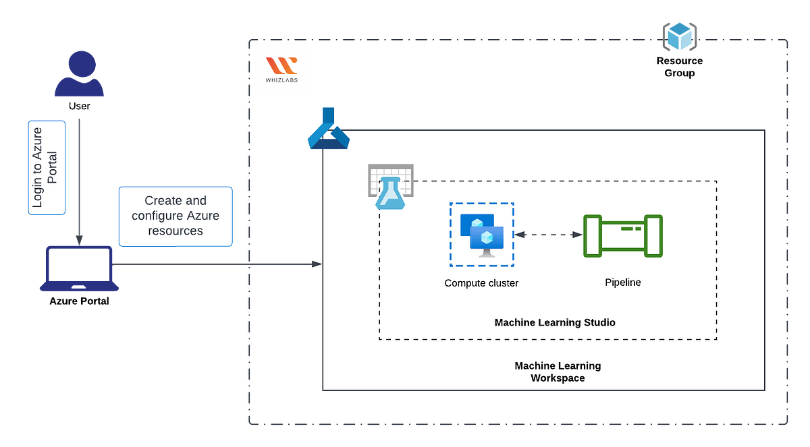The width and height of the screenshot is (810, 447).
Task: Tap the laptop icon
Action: [x=79, y=269]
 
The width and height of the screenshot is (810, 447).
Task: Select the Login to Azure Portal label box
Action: [x=47, y=168]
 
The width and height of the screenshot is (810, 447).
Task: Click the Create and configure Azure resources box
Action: [x=175, y=216]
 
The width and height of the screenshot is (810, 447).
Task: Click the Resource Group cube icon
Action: [x=679, y=36]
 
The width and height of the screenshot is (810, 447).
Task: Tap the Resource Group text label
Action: [x=679, y=67]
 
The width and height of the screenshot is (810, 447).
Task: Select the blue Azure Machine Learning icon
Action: [x=328, y=128]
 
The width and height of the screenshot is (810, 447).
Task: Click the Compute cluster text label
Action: [x=481, y=283]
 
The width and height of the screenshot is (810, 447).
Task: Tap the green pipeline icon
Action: [x=622, y=235]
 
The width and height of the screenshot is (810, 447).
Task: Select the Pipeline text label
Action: [x=622, y=282]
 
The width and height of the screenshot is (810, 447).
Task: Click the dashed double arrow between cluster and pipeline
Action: [x=548, y=235]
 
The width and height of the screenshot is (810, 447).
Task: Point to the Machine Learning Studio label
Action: [x=555, y=323]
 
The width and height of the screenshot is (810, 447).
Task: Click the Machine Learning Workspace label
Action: [x=558, y=371]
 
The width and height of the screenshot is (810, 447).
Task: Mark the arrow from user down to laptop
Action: [x=79, y=182]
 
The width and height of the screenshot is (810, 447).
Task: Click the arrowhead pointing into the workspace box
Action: [x=317, y=264]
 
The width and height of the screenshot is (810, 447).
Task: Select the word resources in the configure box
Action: [x=175, y=231]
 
